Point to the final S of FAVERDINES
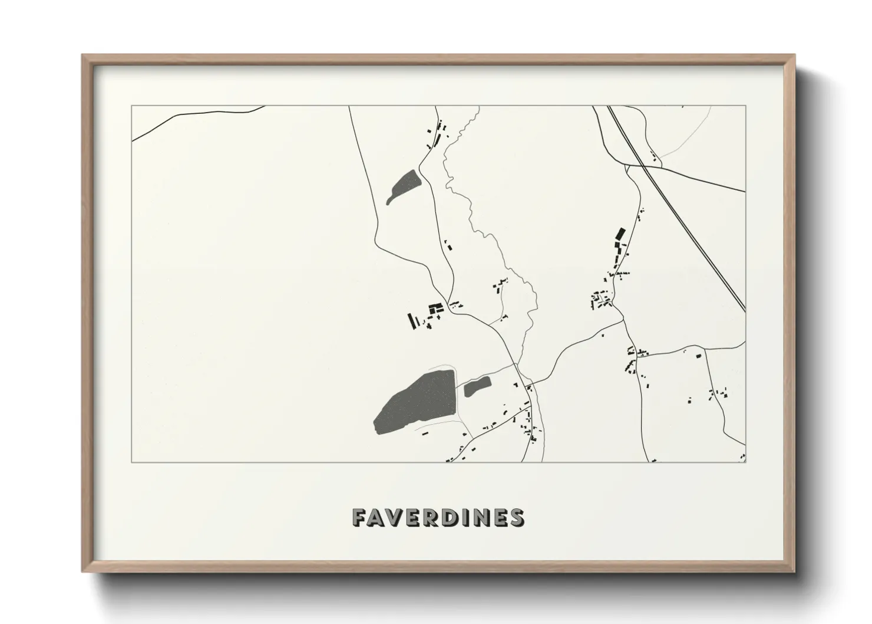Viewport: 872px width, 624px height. (x=516, y=517)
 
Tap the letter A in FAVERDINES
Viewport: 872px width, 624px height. (x=379, y=517)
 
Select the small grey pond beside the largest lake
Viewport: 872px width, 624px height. (x=477, y=386)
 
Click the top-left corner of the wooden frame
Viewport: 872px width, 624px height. (x=84, y=56)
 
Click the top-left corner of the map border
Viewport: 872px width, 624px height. (x=131, y=106)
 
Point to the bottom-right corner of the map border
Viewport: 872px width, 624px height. (x=746, y=462)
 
